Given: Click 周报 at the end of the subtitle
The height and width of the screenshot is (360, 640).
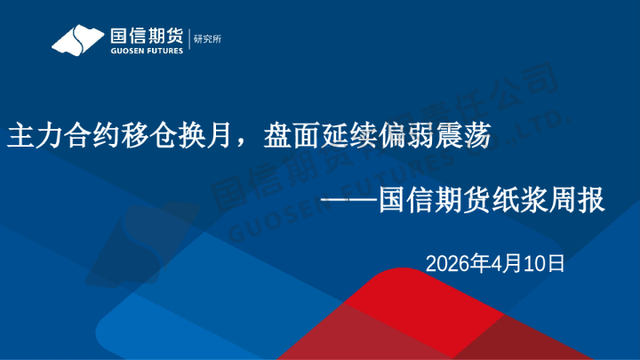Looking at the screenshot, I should (578, 202).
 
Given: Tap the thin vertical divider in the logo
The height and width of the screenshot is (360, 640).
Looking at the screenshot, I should (188, 39).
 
